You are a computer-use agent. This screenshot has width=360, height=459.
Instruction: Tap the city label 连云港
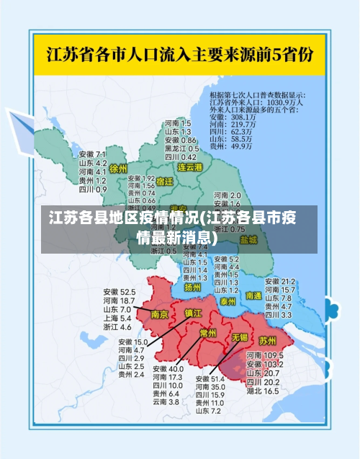(x=191, y=166)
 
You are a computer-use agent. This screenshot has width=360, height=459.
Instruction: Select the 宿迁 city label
(x=165, y=182)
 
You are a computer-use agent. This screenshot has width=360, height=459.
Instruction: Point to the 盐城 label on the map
(x=248, y=239)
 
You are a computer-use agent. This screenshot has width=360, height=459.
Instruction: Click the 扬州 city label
(x=192, y=287)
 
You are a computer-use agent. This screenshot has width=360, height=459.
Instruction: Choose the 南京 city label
(x=160, y=315)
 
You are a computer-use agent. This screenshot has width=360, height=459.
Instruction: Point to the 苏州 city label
(x=268, y=339)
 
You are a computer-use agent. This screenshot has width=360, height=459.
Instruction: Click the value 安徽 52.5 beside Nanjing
(x=119, y=292)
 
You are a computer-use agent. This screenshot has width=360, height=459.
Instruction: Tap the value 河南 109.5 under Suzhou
(x=263, y=355)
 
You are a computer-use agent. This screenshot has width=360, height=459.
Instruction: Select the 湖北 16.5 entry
(x=263, y=391)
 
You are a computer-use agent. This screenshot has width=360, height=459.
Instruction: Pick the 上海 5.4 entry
(x=117, y=318)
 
